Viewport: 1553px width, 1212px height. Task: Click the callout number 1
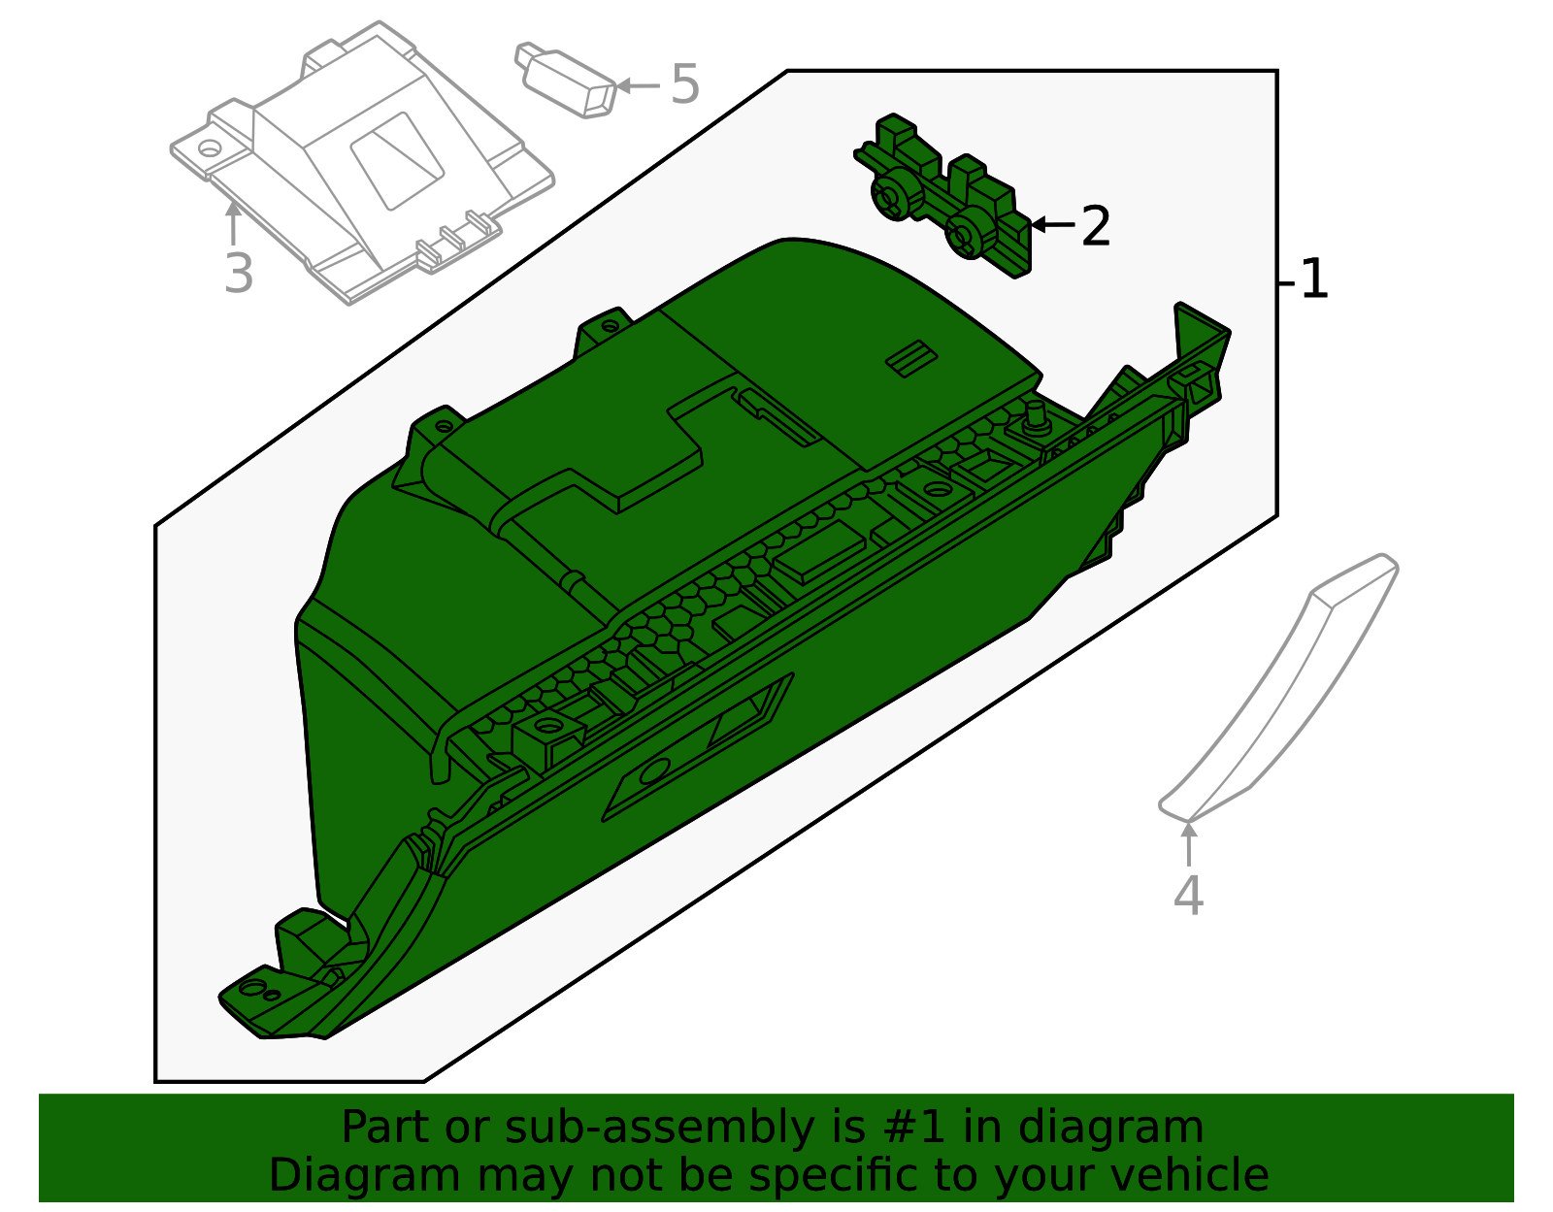[x=1313, y=279]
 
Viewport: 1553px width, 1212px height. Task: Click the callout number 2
[x=1096, y=226]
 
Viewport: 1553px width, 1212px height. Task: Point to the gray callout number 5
[x=684, y=84]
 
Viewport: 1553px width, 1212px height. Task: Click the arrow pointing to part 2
[x=1053, y=224]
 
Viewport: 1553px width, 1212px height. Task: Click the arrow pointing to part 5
[x=639, y=85]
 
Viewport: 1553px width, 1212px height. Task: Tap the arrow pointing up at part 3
[x=233, y=223]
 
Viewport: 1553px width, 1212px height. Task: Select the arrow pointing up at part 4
[x=1188, y=845]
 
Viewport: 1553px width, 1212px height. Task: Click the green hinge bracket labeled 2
[x=943, y=195]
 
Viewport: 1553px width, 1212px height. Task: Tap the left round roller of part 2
[x=893, y=194]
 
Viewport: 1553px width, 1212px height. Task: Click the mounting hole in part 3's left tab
[x=210, y=147]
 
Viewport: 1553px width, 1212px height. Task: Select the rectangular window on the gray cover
[x=397, y=161]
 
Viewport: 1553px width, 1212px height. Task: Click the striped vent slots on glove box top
[x=911, y=358]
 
